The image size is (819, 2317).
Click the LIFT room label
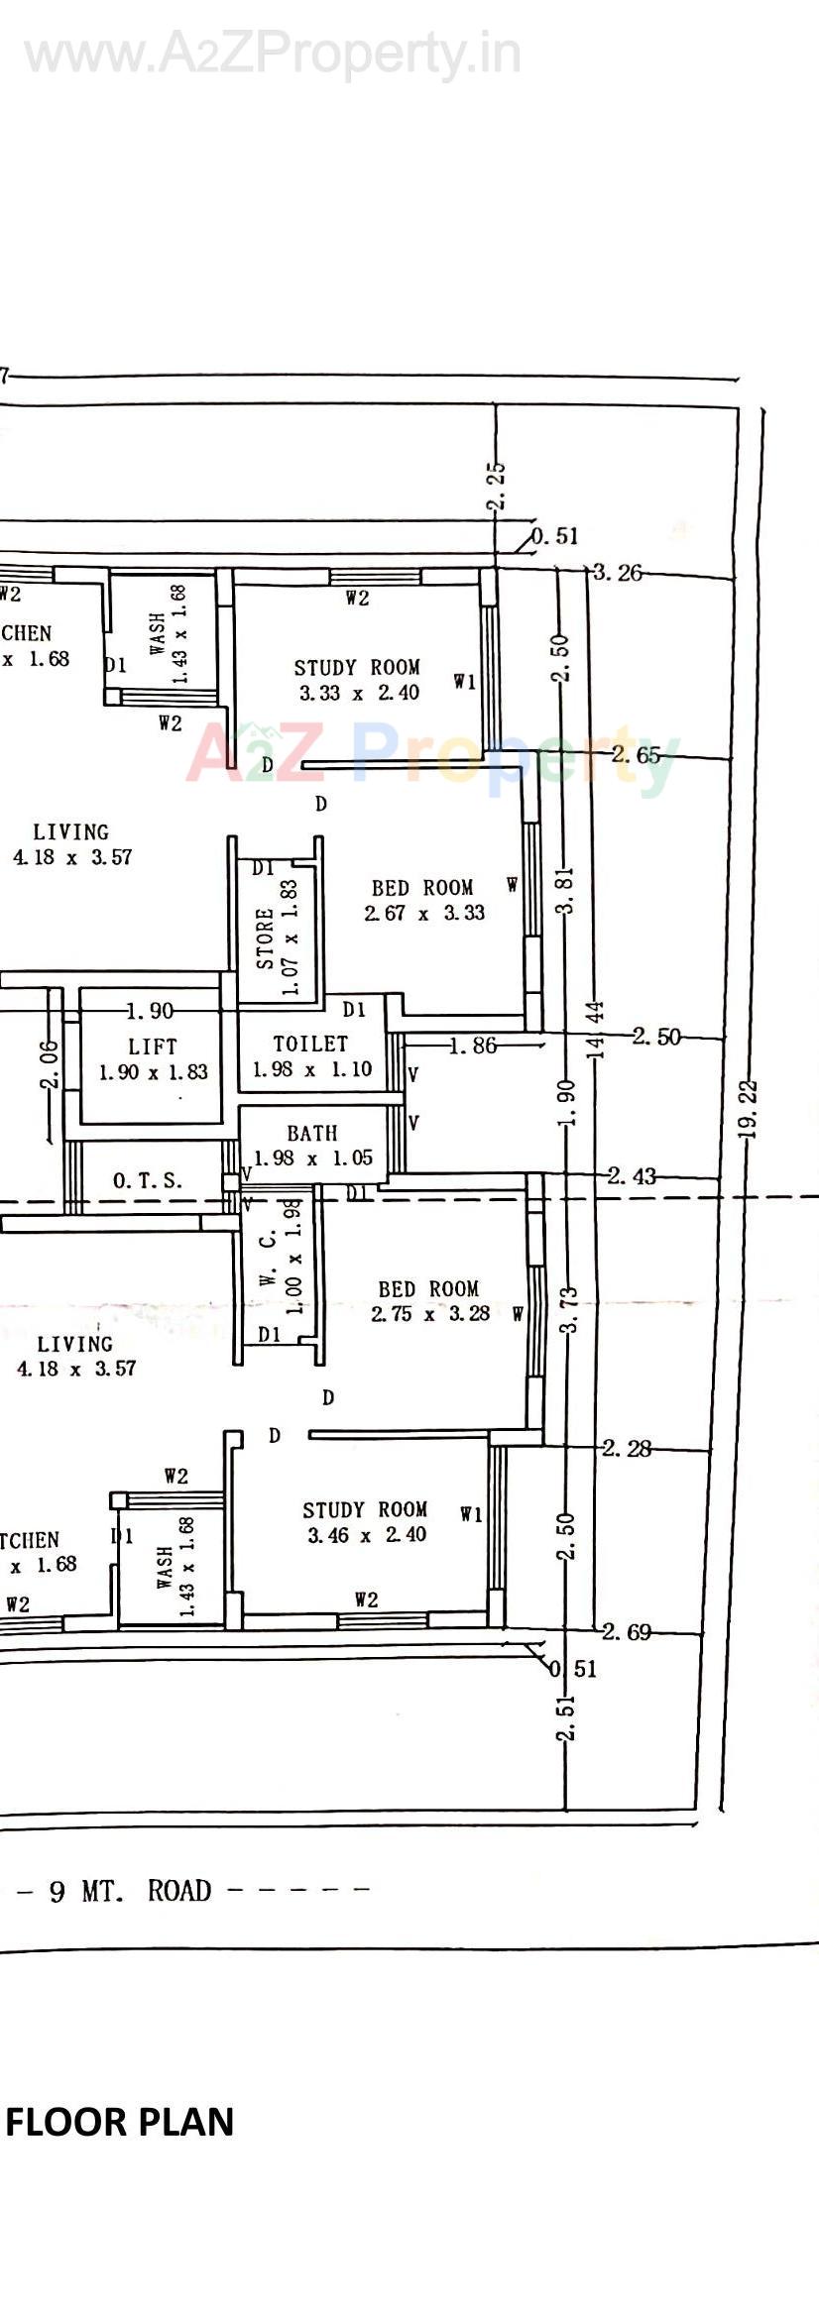tap(153, 1058)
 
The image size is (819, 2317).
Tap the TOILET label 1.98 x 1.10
tap(311, 1055)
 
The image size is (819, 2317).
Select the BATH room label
tap(312, 1145)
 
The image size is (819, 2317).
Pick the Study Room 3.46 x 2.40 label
tap(366, 1522)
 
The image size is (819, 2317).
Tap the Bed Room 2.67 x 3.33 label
tap(423, 900)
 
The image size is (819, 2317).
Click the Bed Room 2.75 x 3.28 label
tap(429, 1301)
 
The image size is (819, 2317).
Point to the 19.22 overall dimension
tap(750, 1109)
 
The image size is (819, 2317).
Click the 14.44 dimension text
tap(595, 1031)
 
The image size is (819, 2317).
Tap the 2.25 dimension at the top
tap(498, 486)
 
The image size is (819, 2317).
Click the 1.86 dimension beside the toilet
tap(472, 1046)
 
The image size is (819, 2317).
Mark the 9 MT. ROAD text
tap(130, 1891)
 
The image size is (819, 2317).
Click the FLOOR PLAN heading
tap(120, 2122)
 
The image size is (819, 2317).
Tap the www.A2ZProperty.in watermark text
tap(273, 54)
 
